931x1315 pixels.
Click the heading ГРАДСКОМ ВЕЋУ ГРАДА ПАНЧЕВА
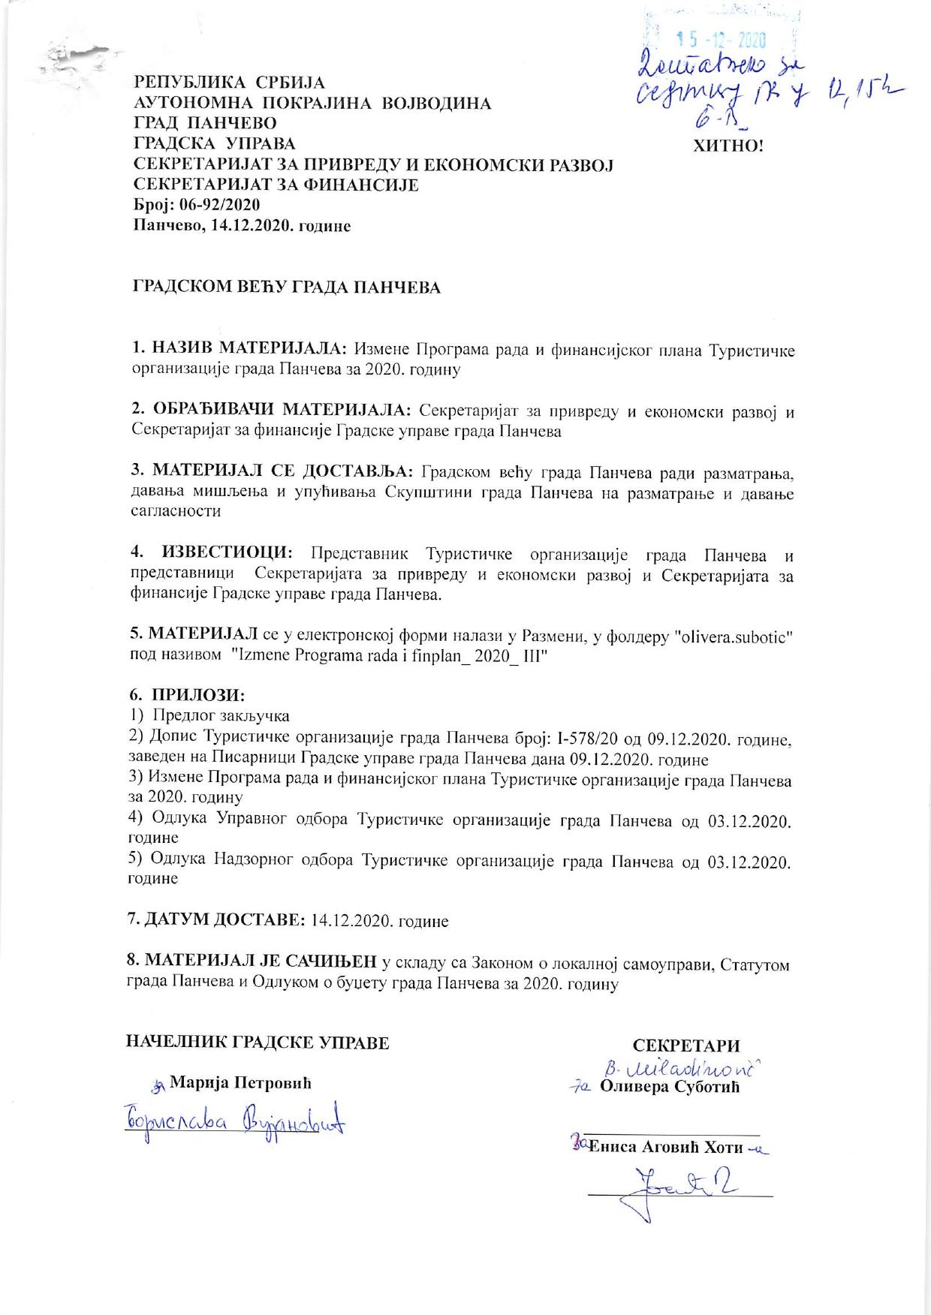tap(286, 287)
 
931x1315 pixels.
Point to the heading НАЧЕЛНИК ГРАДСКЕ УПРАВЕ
tap(258, 1043)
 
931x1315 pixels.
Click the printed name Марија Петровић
tap(240, 1083)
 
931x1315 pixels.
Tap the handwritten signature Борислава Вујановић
tap(235, 1125)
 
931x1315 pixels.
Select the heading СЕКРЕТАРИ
tap(685, 1046)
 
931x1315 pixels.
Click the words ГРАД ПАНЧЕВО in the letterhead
tap(205, 123)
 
